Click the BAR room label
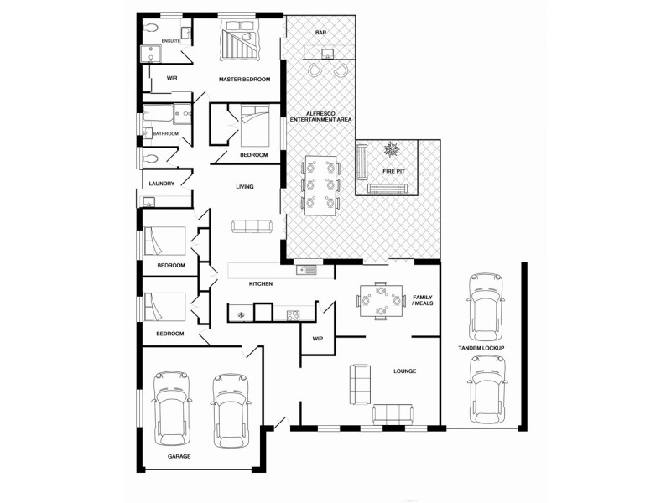[x=320, y=33]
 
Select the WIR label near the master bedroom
[x=172, y=78]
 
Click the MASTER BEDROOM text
[x=244, y=80]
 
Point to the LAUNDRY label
[x=161, y=184]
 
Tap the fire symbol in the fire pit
[x=391, y=151]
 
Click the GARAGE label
[x=179, y=456]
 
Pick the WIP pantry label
[x=318, y=339]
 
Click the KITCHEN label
[x=261, y=284]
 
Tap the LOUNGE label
[x=405, y=371]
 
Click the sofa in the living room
[x=252, y=226]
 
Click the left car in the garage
[x=172, y=410]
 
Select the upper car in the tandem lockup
[x=486, y=304]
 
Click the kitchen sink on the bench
[x=305, y=269]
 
